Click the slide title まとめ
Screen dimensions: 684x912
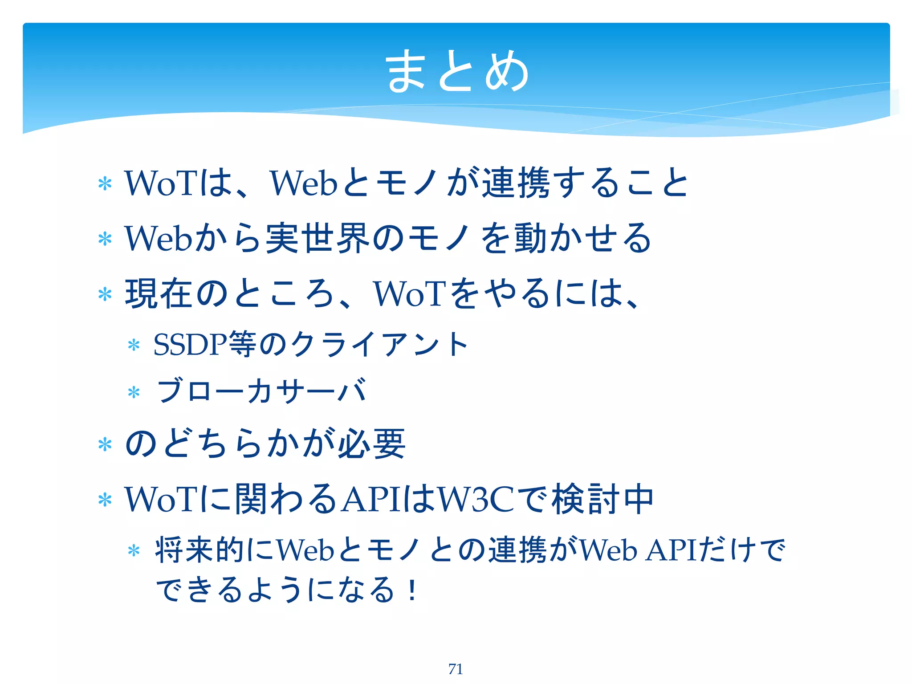pos(457,71)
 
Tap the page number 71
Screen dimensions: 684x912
pos(456,669)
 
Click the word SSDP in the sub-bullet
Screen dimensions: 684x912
pos(190,344)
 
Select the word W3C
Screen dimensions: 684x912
pos(476,499)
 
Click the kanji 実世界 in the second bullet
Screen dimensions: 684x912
pos(318,238)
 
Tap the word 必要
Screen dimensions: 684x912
pos(372,444)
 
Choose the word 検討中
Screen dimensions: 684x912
pos(603,499)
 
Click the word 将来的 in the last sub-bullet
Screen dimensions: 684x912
pos(200,550)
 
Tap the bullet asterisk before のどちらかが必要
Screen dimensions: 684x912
pos(105,444)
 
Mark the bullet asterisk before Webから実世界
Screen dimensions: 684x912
pos(105,239)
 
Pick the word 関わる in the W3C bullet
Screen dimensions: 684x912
pos(285,499)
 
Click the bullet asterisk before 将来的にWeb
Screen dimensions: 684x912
pos(134,551)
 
